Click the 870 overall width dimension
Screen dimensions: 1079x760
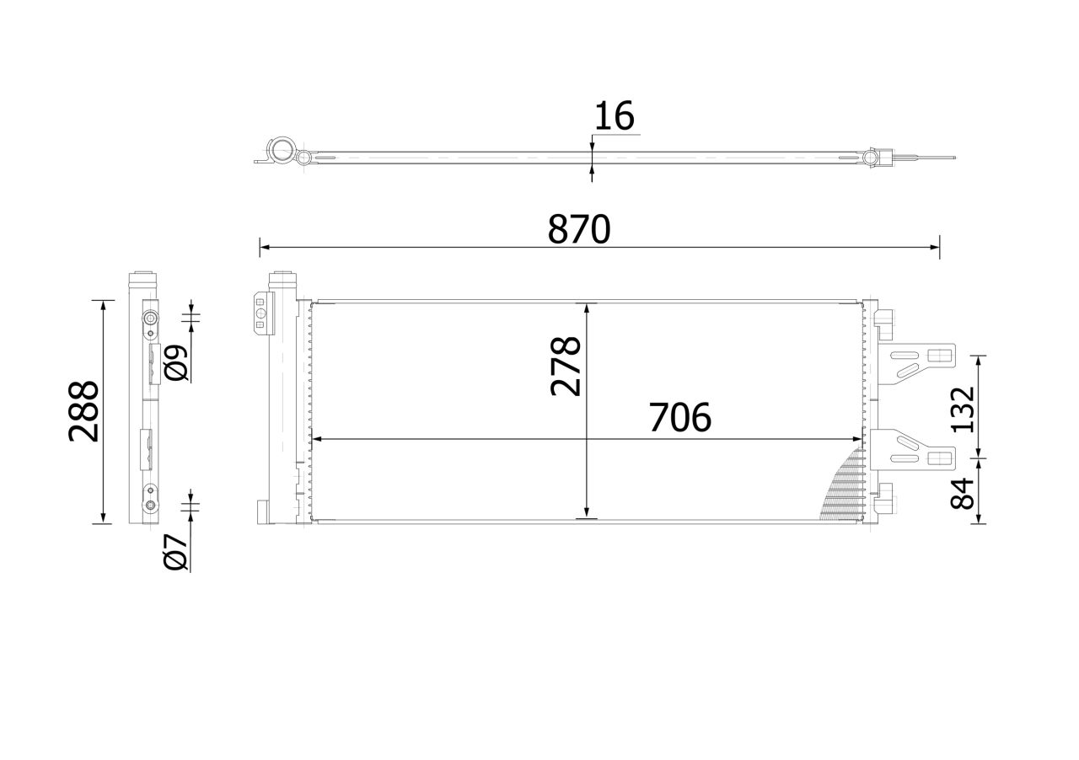(579, 229)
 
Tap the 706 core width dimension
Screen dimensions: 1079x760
(679, 417)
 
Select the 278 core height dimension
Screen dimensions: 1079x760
(566, 367)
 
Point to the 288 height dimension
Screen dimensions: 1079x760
(83, 411)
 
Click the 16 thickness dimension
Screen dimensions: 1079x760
(615, 115)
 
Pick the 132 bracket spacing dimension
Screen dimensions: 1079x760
(963, 409)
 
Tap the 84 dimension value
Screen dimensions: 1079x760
(963, 494)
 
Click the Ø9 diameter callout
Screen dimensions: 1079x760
(176, 362)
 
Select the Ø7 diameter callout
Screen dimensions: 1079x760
(176, 553)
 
